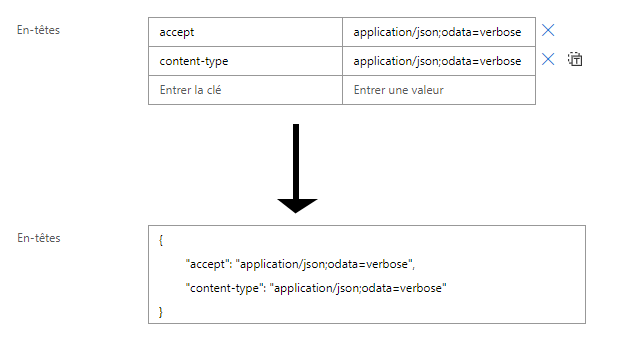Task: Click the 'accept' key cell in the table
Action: pyautogui.click(x=245, y=32)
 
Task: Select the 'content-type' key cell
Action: pyautogui.click(x=245, y=61)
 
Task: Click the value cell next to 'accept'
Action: pyautogui.click(x=439, y=32)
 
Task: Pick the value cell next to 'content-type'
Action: pyautogui.click(x=439, y=61)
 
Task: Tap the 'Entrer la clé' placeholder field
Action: pyautogui.click(x=245, y=90)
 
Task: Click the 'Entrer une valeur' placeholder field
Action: pyautogui.click(x=439, y=90)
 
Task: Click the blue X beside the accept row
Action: pyautogui.click(x=548, y=30)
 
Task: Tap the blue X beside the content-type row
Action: pyautogui.click(x=548, y=59)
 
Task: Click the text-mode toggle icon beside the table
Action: pyautogui.click(x=575, y=59)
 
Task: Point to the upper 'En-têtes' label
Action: pyautogui.click(x=38, y=30)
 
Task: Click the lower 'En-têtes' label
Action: pyautogui.click(x=39, y=238)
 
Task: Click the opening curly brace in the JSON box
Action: pyautogui.click(x=161, y=240)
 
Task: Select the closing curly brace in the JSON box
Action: pyautogui.click(x=161, y=312)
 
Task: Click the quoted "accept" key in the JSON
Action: pyautogui.click(x=207, y=264)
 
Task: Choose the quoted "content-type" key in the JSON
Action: pyautogui.click(x=224, y=288)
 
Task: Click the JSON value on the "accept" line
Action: pyautogui.click(x=324, y=264)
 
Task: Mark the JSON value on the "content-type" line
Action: pyautogui.click(x=358, y=288)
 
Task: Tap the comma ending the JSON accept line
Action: pyautogui.click(x=414, y=268)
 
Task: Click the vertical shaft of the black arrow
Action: pyautogui.click(x=296, y=161)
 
